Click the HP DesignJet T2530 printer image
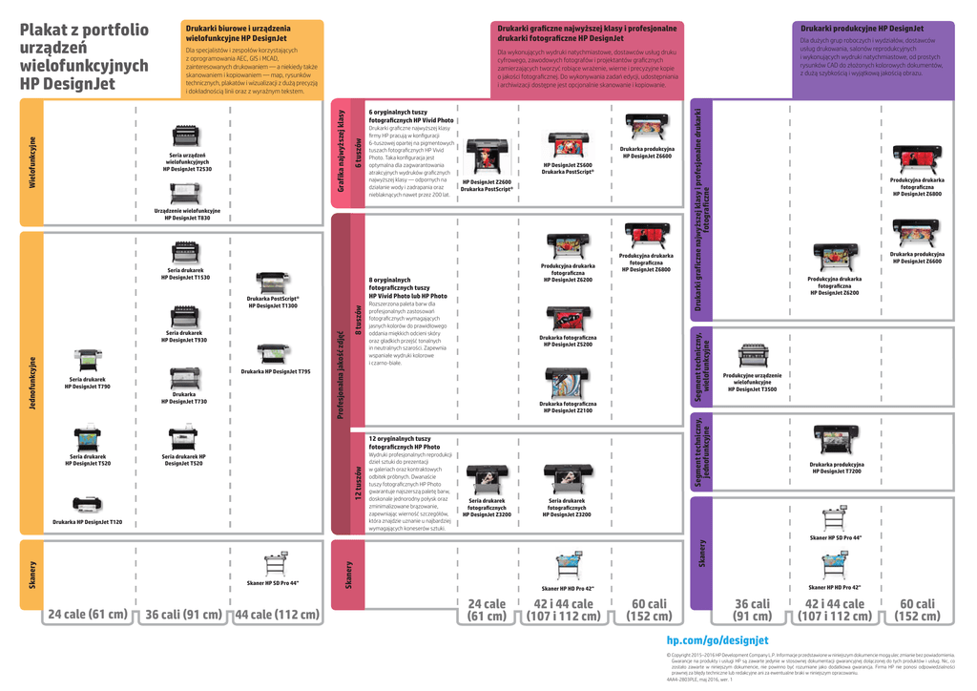187,136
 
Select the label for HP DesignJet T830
188,215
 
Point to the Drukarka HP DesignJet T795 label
276,371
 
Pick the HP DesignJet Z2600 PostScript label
487,185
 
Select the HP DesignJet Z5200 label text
568,341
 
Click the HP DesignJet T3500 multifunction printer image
753,356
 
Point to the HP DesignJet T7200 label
836,468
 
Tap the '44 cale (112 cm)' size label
277,615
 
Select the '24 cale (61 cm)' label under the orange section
88,615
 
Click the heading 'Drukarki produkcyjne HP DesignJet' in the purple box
862,29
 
